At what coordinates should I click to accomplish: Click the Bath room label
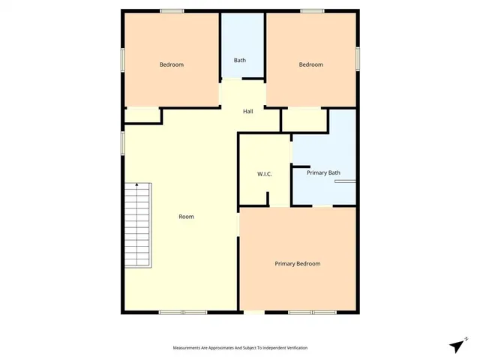point(240,61)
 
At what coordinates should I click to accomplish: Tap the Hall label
point(247,112)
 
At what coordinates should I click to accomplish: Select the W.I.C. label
point(264,174)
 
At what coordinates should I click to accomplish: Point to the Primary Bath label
point(323,173)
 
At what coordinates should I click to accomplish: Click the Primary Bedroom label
point(297,263)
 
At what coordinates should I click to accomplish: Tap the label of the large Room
point(186,217)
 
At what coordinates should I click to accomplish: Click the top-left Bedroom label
point(171,64)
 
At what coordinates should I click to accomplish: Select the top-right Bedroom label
point(310,64)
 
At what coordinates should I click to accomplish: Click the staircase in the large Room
point(137,224)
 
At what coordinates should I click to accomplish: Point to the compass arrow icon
point(455,345)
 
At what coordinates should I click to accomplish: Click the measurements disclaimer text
point(240,348)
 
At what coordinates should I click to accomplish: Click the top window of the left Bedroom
point(172,10)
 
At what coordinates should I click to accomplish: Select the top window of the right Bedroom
point(312,10)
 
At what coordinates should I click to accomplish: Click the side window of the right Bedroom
point(358,58)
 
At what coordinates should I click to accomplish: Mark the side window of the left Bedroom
point(122,61)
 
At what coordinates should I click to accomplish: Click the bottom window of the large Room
point(182,312)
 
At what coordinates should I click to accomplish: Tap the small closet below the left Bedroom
point(142,115)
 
